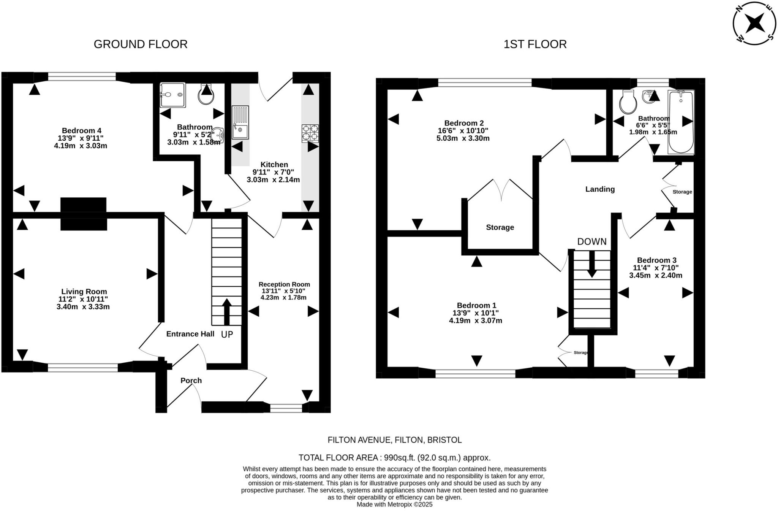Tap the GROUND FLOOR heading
coord(141,44)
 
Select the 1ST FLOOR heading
coord(535,44)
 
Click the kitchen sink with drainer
coord(240,122)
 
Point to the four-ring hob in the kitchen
coord(310,133)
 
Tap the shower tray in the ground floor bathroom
coord(172,95)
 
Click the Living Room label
coord(84,292)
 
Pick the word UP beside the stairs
coord(227,335)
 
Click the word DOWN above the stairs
coord(592,242)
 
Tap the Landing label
coord(600,189)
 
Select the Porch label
coord(191,381)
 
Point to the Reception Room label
coord(284,284)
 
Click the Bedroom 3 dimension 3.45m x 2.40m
coord(656,275)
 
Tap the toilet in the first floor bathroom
coord(627,102)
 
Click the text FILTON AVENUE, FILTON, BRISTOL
coord(395,440)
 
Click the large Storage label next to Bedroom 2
coord(500,227)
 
